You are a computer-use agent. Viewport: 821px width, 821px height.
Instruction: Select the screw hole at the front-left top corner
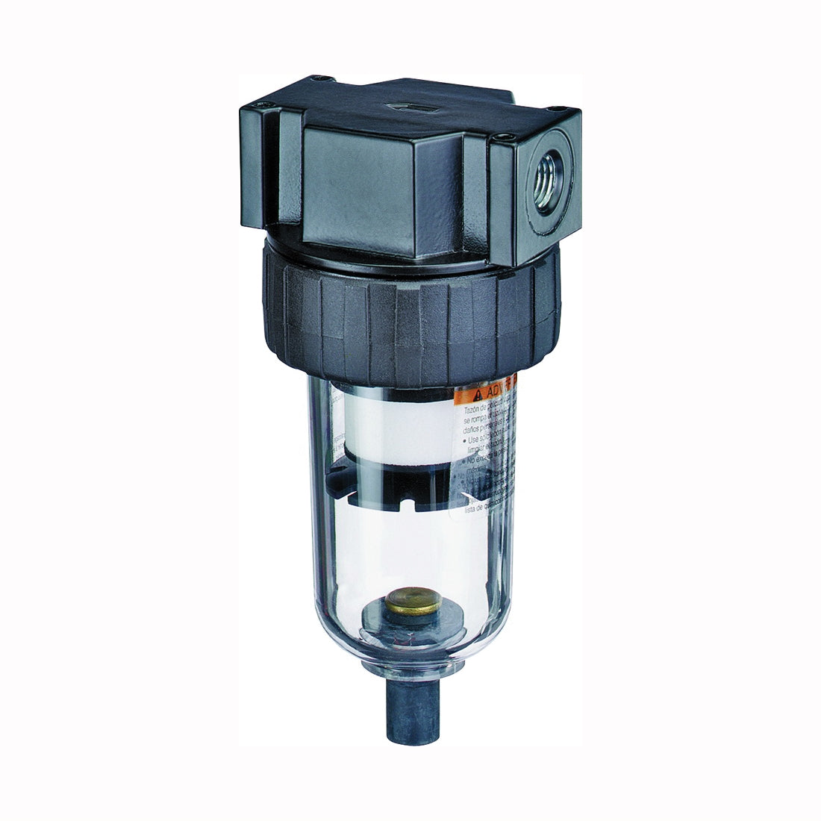[260, 111]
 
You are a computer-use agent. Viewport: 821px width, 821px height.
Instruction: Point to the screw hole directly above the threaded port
[507, 137]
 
